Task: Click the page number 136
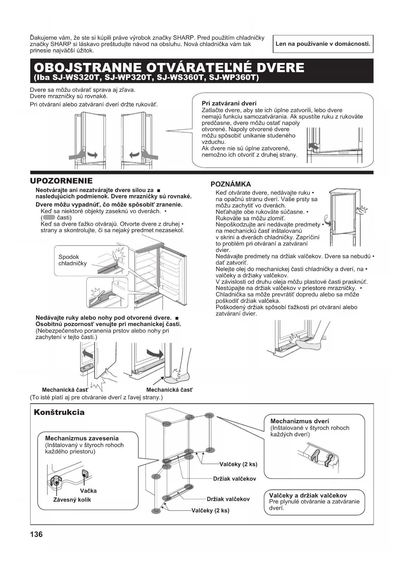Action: pos(36,534)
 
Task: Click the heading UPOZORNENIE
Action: pos(61,181)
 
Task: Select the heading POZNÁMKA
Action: pos(231,184)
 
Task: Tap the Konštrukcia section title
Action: pos(59,413)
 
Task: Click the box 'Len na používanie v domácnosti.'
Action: pos(323,44)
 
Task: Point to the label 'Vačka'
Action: pos(88,491)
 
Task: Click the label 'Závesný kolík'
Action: pos(72,500)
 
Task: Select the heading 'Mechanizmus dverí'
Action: pos(299,421)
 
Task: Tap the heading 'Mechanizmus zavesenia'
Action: pos(82,438)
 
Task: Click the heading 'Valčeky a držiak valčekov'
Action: pos(308,495)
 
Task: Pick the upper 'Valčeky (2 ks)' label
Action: pos(238,464)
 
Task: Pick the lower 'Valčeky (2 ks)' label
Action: pos(210,511)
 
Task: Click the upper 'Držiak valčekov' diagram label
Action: pos(234,478)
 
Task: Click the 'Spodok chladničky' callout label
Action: pos(72,260)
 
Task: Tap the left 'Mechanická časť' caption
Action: pos(65,390)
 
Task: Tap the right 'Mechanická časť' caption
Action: pos(169,390)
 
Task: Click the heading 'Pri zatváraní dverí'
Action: pos(229,103)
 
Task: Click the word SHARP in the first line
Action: pos(183,38)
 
